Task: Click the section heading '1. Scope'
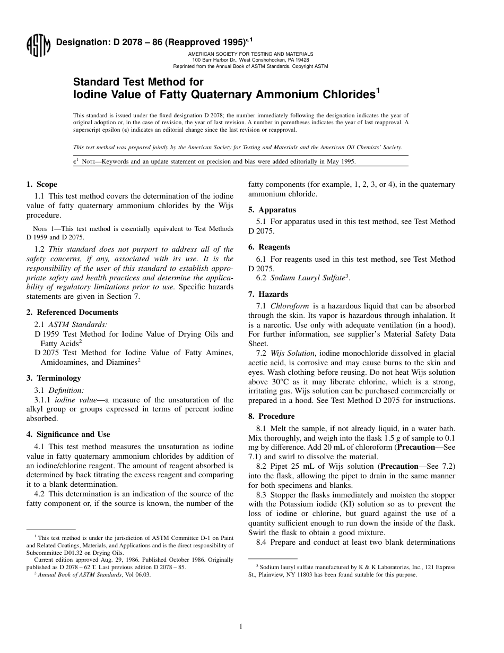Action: click(x=42, y=184)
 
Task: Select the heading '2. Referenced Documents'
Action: click(x=72, y=312)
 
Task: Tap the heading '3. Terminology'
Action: click(x=54, y=378)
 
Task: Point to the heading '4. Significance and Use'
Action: click(x=68, y=434)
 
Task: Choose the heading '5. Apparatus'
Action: click(x=272, y=210)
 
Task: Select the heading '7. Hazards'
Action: click(x=268, y=294)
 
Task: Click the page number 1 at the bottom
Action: click(x=240, y=626)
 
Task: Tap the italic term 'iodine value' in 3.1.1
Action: click(x=76, y=400)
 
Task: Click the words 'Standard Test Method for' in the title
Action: click(x=138, y=82)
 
